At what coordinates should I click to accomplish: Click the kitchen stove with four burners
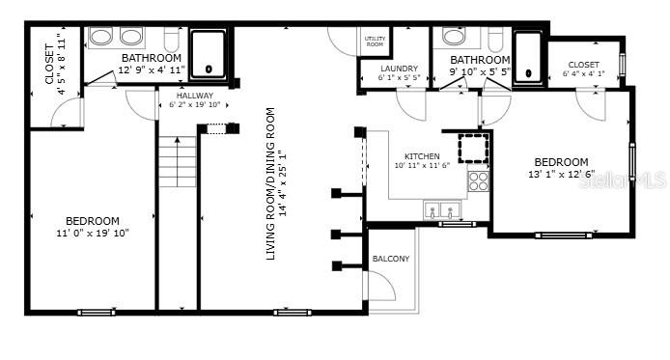click(478, 180)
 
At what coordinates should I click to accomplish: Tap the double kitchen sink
click(443, 209)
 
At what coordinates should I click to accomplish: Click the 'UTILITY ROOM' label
click(374, 41)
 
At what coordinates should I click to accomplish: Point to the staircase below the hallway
click(177, 162)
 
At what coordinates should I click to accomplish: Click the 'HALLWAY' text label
click(195, 96)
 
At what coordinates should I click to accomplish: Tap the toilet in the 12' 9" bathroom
click(172, 41)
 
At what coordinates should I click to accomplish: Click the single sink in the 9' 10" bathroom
click(453, 38)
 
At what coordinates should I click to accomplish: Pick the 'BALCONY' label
click(391, 259)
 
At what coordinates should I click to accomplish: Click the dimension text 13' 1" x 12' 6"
click(561, 175)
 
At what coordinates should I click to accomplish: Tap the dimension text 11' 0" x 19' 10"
click(92, 233)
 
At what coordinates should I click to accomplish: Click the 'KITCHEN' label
click(422, 155)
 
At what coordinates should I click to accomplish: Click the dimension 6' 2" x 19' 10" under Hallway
click(195, 105)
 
